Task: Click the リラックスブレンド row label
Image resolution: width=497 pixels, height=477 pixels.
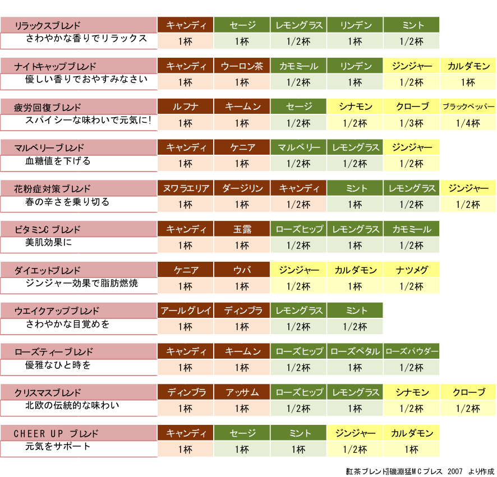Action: pyautogui.click(x=47, y=25)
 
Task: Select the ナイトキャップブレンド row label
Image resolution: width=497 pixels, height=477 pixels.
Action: pyautogui.click(x=55, y=66)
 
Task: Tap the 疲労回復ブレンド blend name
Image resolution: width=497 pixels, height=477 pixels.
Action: pyautogui.click(x=47, y=107)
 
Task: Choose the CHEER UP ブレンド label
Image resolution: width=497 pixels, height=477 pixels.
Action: pyautogui.click(x=56, y=433)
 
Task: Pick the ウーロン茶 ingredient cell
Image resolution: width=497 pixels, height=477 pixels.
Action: pyautogui.click(x=242, y=66)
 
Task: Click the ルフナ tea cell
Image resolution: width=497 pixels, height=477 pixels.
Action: pyautogui.click(x=185, y=107)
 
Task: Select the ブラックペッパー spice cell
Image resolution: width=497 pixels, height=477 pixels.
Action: pyautogui.click(x=468, y=107)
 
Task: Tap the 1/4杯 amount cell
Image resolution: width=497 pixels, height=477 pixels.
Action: pyautogui.click(x=468, y=123)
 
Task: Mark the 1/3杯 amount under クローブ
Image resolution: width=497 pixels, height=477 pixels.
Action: pyautogui.click(x=412, y=123)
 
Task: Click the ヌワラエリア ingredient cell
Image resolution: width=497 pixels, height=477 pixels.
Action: pyautogui.click(x=185, y=188)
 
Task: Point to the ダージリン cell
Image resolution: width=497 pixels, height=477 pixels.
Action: pyautogui.click(x=242, y=188)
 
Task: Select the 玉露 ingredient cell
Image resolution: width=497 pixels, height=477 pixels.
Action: pyautogui.click(x=242, y=229)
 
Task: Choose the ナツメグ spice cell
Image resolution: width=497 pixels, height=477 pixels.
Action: pyautogui.click(x=412, y=270)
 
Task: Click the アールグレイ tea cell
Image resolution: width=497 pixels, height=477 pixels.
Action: pyautogui.click(x=185, y=311)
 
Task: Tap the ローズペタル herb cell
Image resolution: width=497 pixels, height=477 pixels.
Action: pyautogui.click(x=355, y=351)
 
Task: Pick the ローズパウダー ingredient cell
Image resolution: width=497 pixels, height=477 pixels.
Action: pyautogui.click(x=412, y=351)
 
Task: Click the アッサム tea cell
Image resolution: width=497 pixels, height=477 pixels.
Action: pyautogui.click(x=242, y=392)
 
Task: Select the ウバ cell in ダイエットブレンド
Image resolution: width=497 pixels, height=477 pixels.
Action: pyautogui.click(x=242, y=270)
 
